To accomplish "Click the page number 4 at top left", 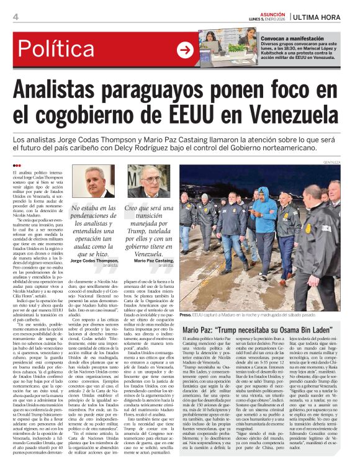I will coord(15,17).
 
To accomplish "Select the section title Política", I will coord(61,49).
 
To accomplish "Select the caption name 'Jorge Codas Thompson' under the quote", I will coord(86,261).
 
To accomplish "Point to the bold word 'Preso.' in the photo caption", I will coord(186,315).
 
